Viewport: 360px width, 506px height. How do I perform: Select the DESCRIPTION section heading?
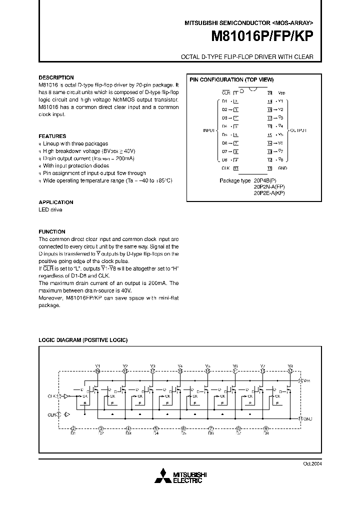[x=56, y=77]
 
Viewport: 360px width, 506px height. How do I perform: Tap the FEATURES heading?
[x=52, y=136]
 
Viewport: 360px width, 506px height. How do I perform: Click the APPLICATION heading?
[x=56, y=202]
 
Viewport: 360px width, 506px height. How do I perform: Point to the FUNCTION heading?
[x=52, y=232]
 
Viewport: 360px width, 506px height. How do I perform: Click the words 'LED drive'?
[x=50, y=210]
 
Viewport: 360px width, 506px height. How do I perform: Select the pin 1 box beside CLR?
[x=235, y=93]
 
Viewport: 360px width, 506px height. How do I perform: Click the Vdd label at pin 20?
[x=282, y=93]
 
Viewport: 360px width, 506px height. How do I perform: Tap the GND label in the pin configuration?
[x=282, y=168]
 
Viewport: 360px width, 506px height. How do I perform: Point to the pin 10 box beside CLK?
[x=235, y=168]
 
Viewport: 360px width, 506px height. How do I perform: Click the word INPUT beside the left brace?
[x=209, y=130]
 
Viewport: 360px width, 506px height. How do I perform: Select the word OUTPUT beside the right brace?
[x=299, y=130]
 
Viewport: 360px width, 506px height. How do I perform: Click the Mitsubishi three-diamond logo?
[x=163, y=476]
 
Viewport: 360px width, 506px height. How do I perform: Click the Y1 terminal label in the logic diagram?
[x=97, y=366]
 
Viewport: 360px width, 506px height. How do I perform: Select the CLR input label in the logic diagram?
[x=51, y=414]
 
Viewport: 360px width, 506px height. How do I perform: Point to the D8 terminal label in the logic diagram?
[x=266, y=433]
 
